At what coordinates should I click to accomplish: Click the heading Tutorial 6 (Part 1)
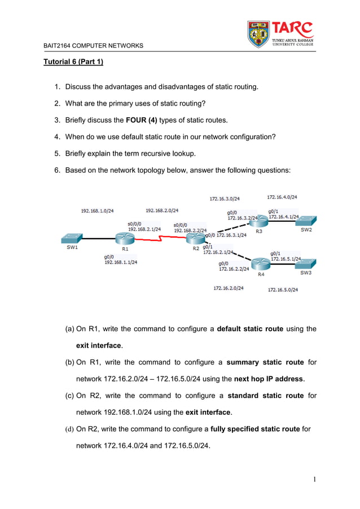point(73,62)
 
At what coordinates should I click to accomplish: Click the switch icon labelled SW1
point(71,238)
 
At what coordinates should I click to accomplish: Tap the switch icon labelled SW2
point(308,221)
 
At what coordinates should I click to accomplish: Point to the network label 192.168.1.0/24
point(97,210)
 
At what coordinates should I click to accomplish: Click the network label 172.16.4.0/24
point(282,197)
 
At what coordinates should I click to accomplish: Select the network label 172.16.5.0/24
point(283,289)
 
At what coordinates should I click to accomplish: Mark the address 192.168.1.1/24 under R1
point(120,262)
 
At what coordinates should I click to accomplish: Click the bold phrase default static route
point(250,329)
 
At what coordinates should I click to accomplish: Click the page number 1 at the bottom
point(314,480)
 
